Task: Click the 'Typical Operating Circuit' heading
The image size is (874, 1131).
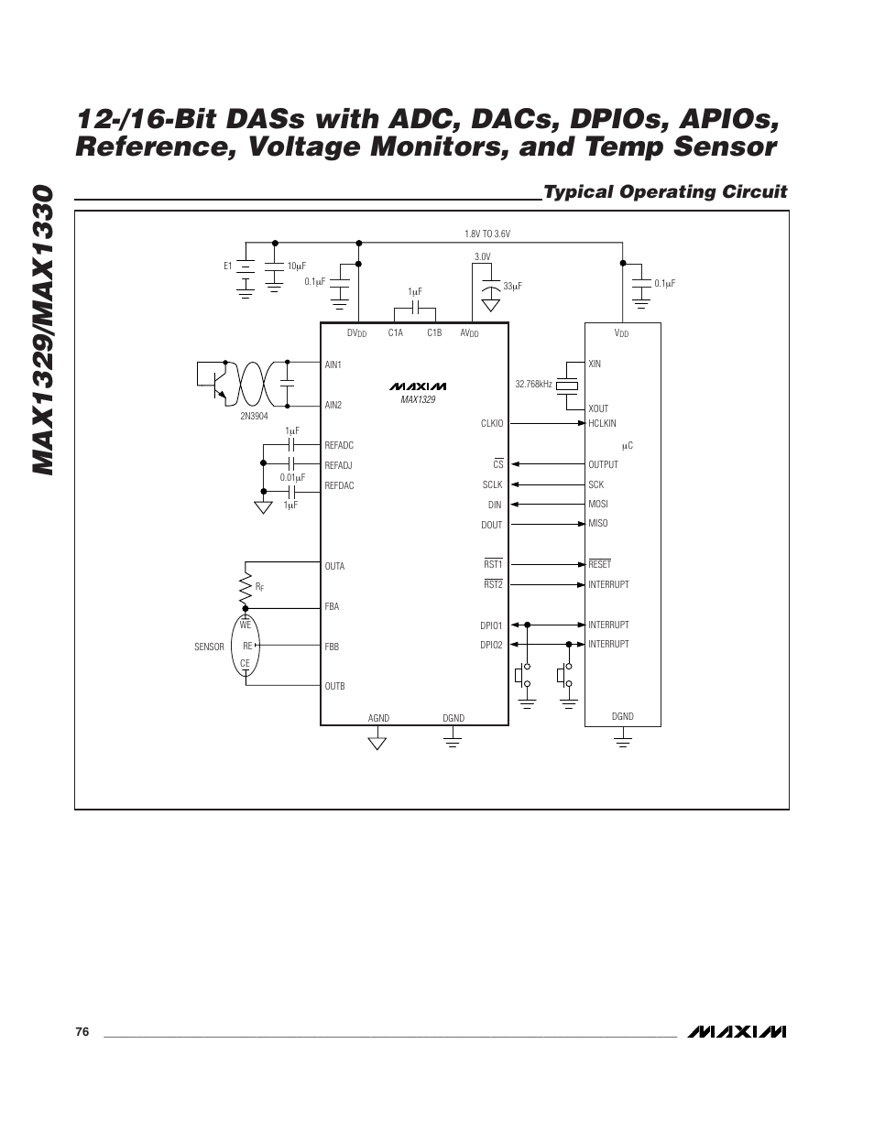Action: click(664, 191)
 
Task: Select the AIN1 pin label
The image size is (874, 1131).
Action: click(333, 364)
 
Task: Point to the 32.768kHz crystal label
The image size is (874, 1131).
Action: click(533, 384)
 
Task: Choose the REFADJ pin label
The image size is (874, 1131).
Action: click(338, 465)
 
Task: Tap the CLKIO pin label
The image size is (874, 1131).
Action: click(492, 424)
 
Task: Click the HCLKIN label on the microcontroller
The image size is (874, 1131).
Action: click(602, 424)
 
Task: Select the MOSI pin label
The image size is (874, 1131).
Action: click(597, 505)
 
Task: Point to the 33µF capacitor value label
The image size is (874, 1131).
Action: click(511, 287)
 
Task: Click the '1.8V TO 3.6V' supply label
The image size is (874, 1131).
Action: click(487, 234)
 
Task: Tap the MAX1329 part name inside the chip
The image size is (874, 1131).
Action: click(418, 400)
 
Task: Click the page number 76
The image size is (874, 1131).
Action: click(82, 1032)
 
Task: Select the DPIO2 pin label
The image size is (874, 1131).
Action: click(491, 646)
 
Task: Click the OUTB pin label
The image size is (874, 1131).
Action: click(334, 686)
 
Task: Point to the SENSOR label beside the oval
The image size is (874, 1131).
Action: click(209, 647)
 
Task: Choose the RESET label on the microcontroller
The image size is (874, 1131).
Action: click(599, 564)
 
